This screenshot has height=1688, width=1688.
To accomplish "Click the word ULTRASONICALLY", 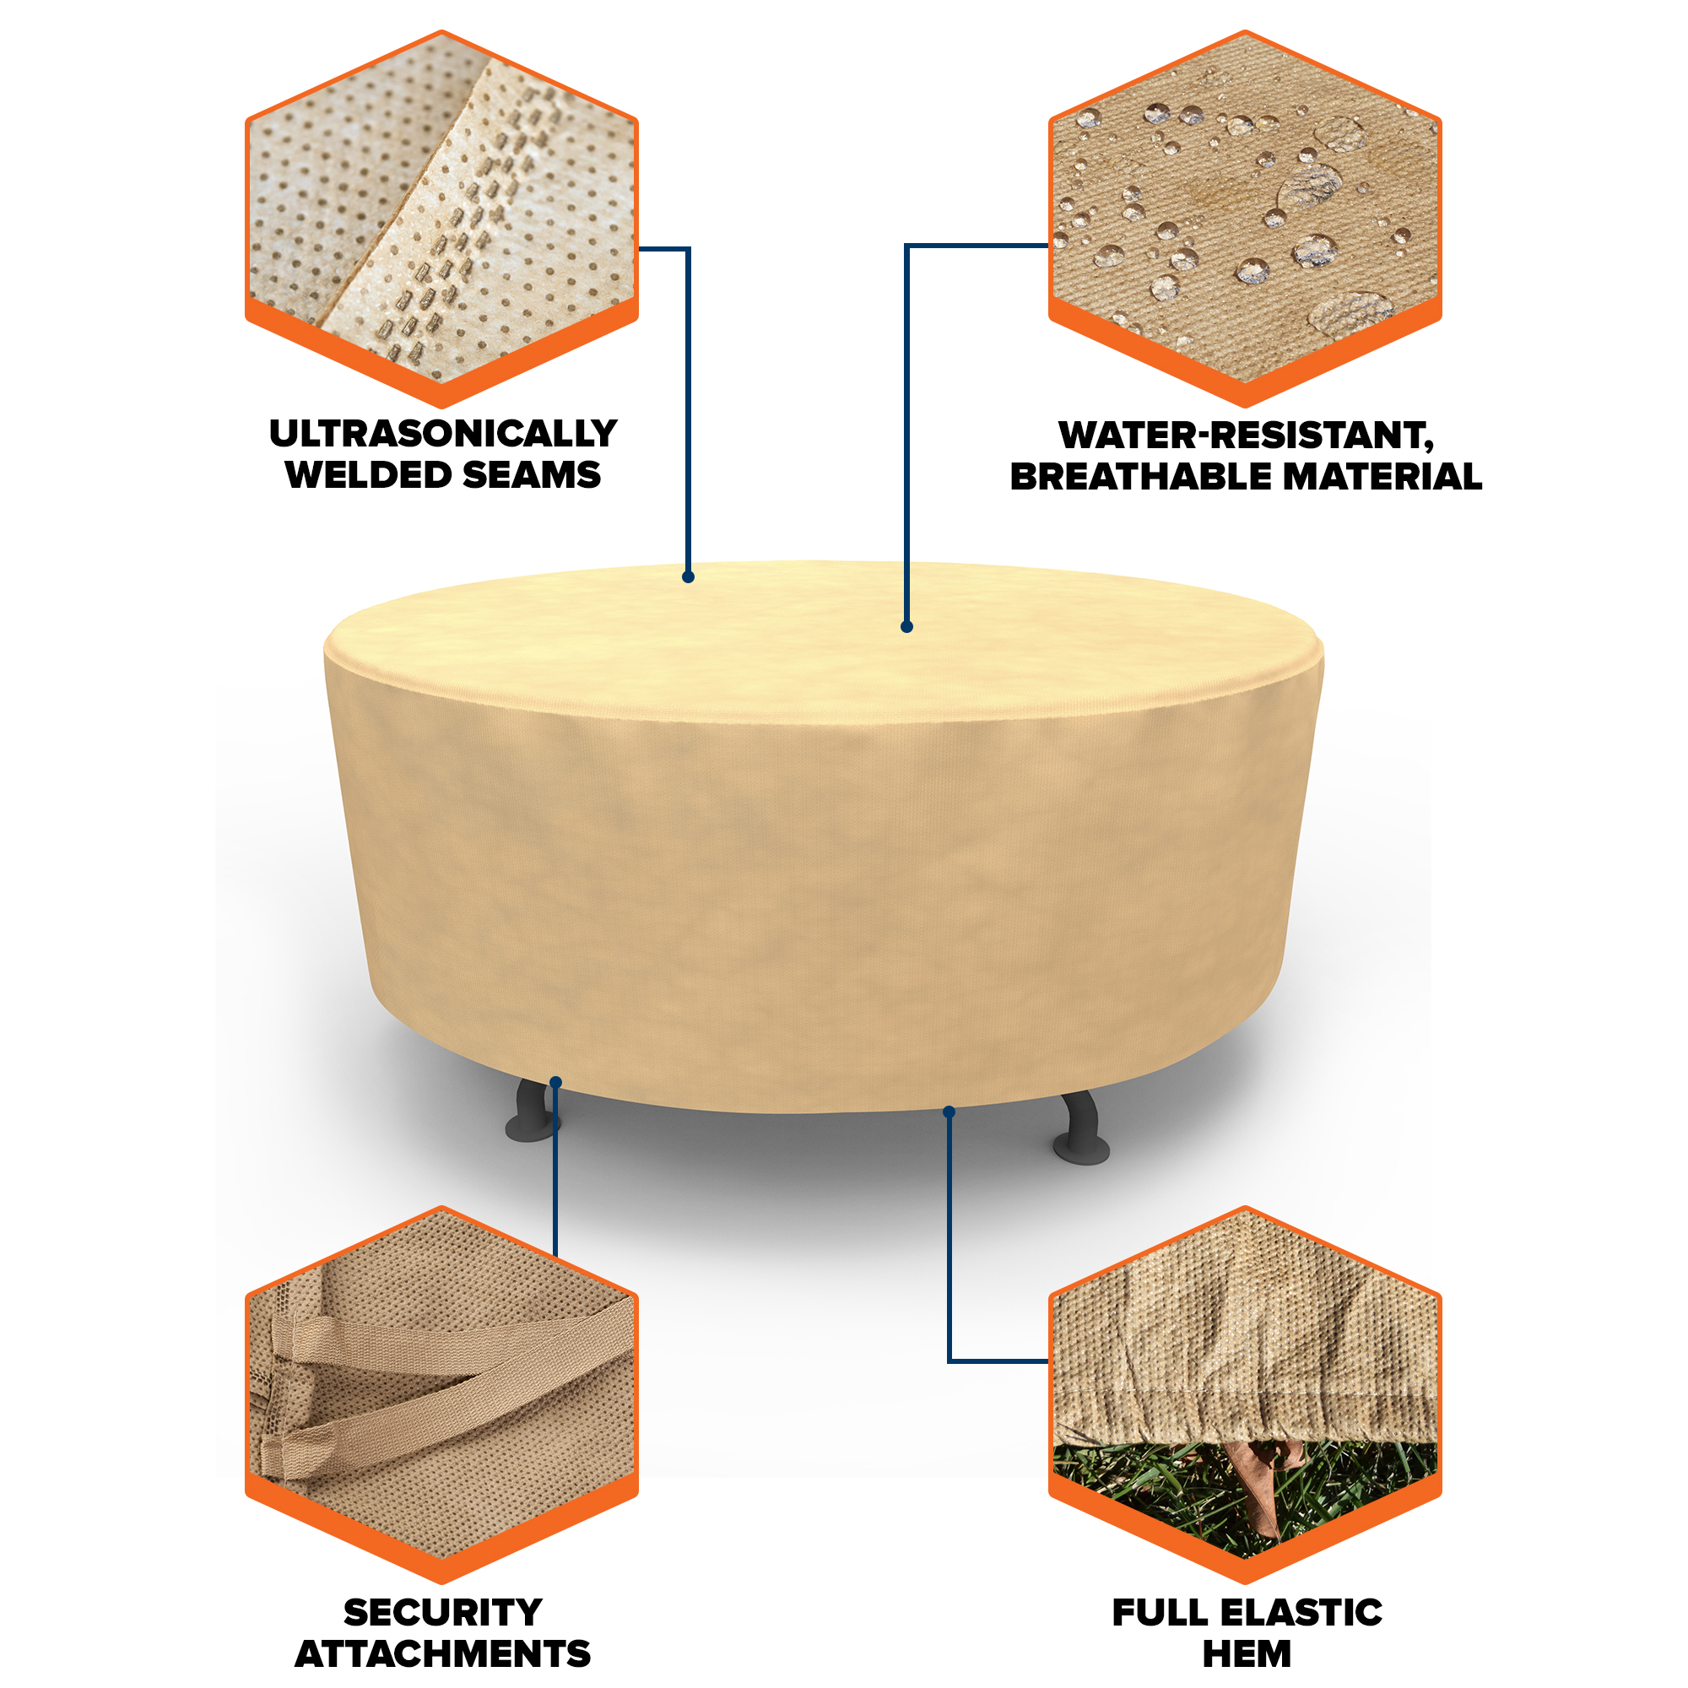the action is click(443, 433).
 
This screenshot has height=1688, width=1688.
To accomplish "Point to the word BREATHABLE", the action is click(1140, 476).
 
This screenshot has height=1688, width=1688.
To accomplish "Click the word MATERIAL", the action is click(1382, 476).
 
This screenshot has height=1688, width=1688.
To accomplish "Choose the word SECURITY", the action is click(443, 1612).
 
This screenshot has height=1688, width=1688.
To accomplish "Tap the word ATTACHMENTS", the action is click(443, 1654).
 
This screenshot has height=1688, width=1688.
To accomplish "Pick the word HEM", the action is click(1247, 1654).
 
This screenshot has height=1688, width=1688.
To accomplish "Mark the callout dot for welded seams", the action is click(689, 576).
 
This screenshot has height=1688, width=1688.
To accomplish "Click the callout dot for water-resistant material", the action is click(907, 626).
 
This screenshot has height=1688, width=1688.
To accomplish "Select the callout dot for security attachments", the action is click(555, 1083).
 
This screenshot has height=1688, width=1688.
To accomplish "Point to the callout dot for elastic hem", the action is click(949, 1112).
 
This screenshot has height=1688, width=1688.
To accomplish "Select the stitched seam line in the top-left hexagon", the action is click(454, 227).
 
